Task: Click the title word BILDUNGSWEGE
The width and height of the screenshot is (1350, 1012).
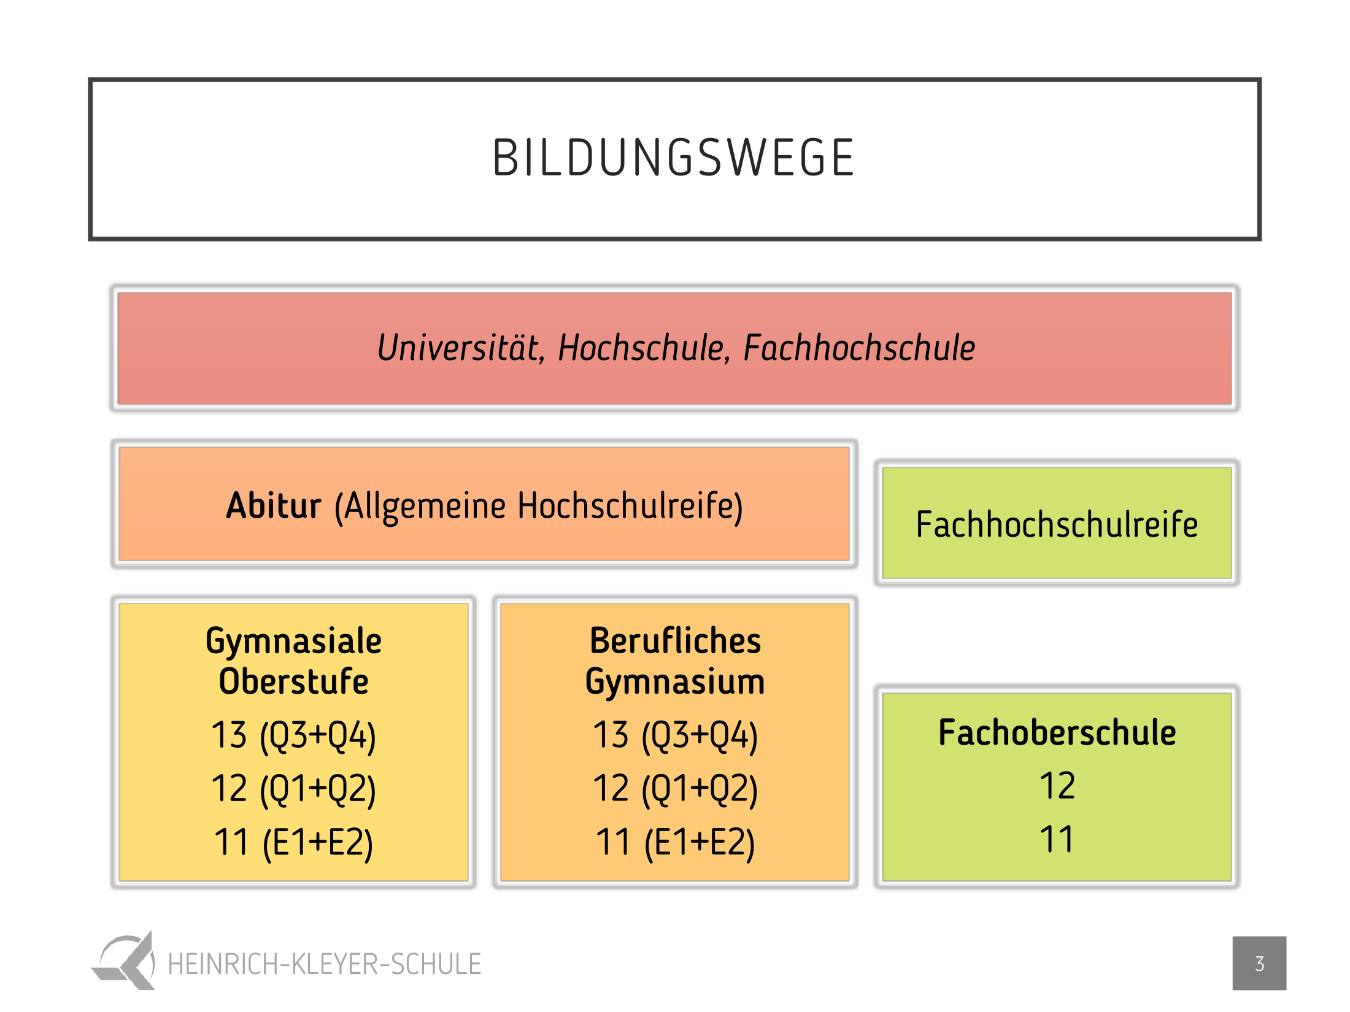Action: point(673,158)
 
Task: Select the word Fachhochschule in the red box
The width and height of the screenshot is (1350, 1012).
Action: point(859,348)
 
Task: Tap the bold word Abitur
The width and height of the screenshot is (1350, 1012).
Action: point(274,506)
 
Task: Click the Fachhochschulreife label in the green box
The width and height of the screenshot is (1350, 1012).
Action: point(1057,525)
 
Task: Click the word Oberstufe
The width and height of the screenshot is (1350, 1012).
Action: point(293,681)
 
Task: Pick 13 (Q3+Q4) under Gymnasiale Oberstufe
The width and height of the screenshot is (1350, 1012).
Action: point(293,736)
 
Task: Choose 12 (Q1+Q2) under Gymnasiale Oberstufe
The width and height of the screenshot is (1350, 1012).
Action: point(293,789)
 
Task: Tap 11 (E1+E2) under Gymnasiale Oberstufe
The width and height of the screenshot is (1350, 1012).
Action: point(293,843)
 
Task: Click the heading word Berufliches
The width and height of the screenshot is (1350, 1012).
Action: point(675,641)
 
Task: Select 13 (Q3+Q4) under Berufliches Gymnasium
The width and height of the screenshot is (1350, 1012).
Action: point(675,736)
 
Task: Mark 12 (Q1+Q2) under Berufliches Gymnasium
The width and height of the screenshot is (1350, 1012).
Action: point(675,789)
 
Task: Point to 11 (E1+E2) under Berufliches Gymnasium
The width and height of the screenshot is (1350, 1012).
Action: point(675,843)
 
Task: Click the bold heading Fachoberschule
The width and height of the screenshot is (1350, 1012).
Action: point(1057,733)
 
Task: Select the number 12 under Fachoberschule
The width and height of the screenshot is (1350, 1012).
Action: point(1057,786)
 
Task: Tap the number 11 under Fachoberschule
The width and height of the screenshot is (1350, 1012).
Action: point(1057,840)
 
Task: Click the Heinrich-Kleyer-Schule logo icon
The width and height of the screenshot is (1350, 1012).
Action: point(123,960)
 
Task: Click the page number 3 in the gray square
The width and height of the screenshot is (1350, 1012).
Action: point(1259,964)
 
